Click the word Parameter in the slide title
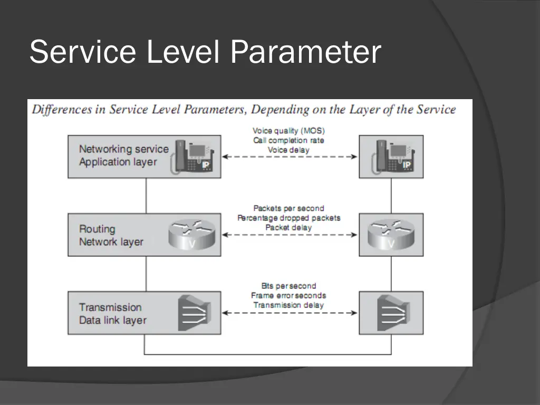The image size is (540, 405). tap(305, 52)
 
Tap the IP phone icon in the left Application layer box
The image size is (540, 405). tap(192, 157)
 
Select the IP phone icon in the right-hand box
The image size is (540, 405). tap(393, 157)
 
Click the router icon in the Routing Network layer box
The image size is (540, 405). tap(192, 235)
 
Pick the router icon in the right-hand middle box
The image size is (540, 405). tap(391, 235)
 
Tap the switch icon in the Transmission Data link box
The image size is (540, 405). tap(195, 313)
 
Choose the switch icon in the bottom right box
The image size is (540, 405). tap(393, 313)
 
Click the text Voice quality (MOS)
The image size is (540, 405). tap(288, 131)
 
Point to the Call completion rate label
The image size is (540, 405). tap(288, 140)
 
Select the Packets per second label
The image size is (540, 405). tap(288, 208)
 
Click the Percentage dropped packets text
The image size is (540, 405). tap(288, 218)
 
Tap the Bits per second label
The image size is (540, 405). tap(288, 286)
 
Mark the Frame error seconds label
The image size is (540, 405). tap(288, 295)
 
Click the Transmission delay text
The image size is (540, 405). tap(288, 305)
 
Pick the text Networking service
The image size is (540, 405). tap(124, 149)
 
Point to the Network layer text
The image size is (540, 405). tap(111, 242)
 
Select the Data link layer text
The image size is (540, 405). tap(113, 320)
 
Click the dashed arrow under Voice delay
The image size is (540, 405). tap(290, 157)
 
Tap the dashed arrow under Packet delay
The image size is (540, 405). tap(290, 235)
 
